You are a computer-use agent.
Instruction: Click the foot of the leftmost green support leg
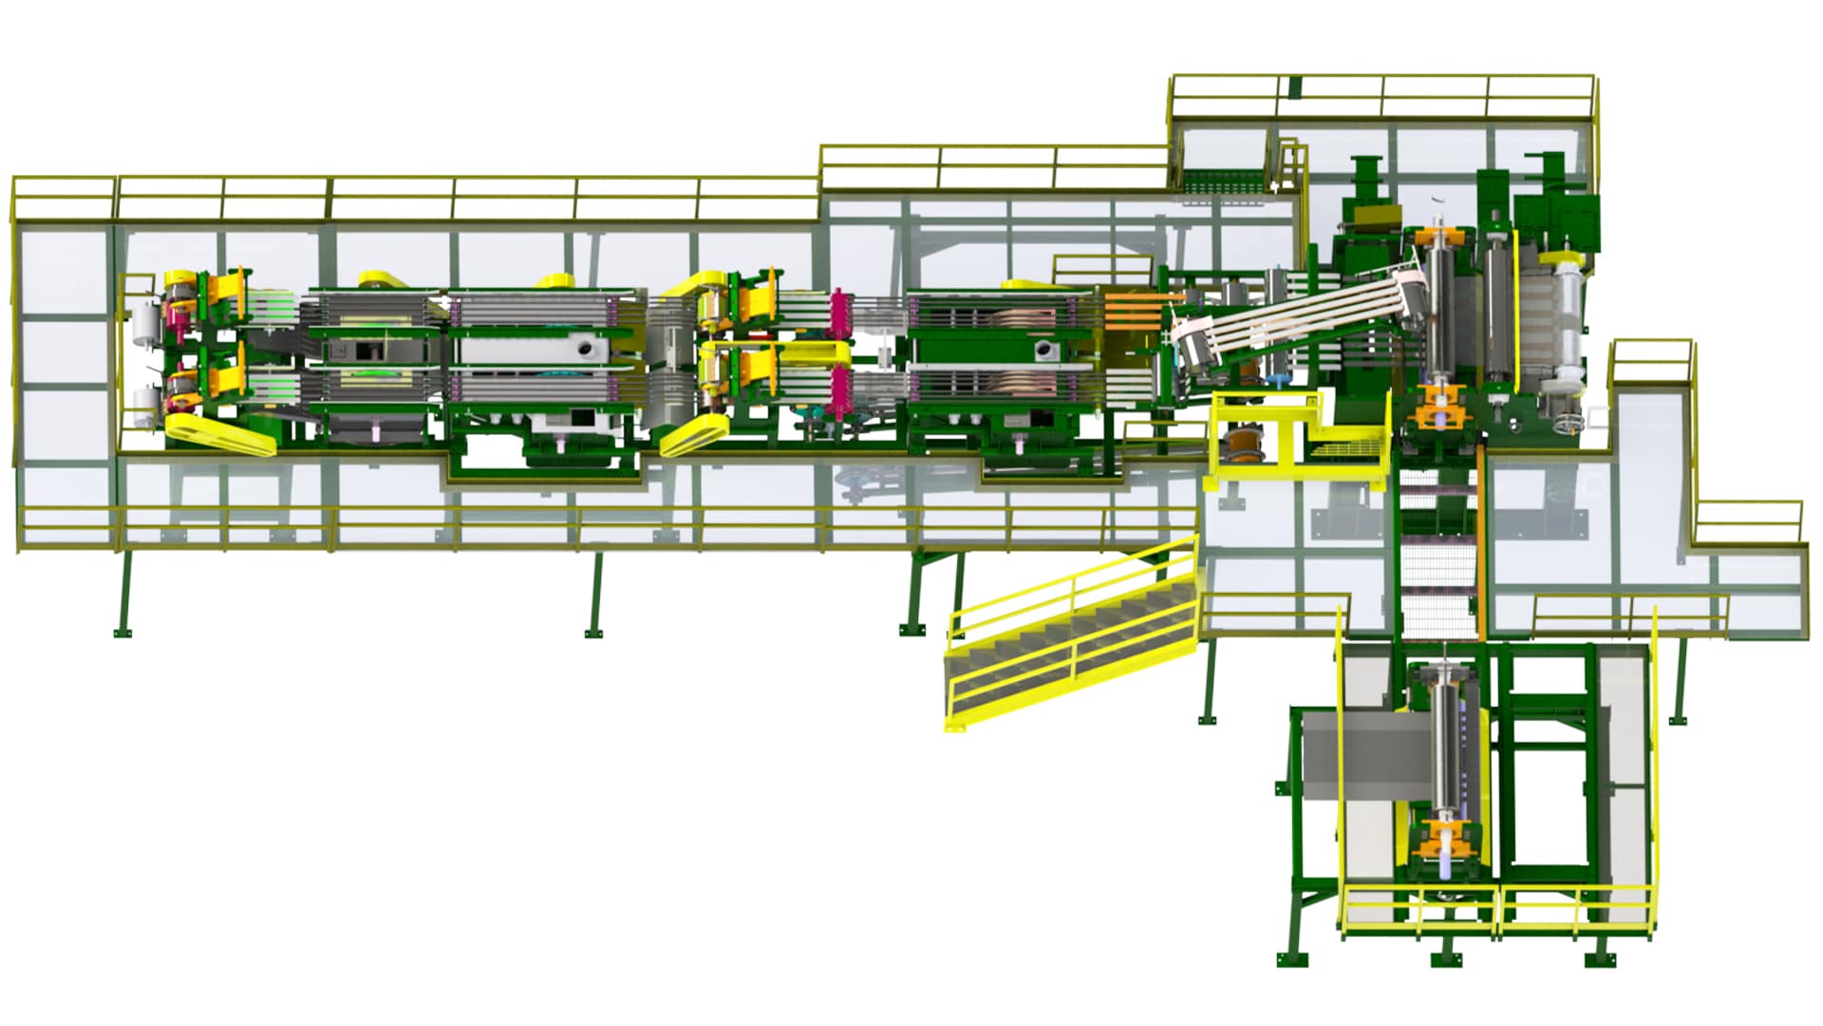[122, 632]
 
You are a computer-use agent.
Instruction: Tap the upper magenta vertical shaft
[839, 313]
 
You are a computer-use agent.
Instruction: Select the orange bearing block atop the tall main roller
[1441, 237]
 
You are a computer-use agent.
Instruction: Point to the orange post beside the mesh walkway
[1482, 541]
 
